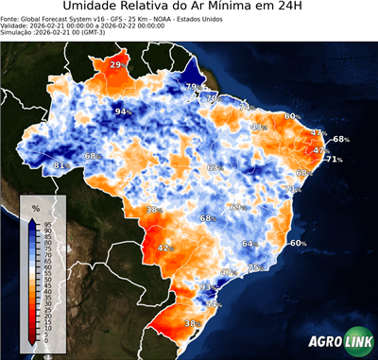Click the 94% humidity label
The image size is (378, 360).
[122, 111]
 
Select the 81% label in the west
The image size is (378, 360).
[60, 166]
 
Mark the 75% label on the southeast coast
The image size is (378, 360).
[253, 268]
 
